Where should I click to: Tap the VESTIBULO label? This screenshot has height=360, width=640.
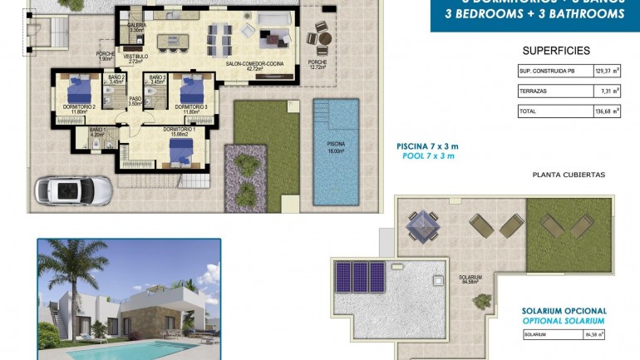tap(137, 57)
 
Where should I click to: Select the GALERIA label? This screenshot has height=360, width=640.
tap(137, 27)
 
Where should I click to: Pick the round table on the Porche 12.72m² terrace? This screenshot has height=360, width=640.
tap(320, 38)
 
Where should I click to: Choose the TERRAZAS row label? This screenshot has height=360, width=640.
tap(534, 91)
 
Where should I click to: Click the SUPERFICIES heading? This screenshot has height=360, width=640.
tap(556, 51)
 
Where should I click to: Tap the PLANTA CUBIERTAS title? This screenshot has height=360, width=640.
tap(569, 175)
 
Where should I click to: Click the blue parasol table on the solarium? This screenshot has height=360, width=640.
tap(421, 223)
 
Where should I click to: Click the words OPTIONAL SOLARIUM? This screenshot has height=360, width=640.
tap(564, 320)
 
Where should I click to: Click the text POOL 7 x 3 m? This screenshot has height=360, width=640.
tap(427, 156)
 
